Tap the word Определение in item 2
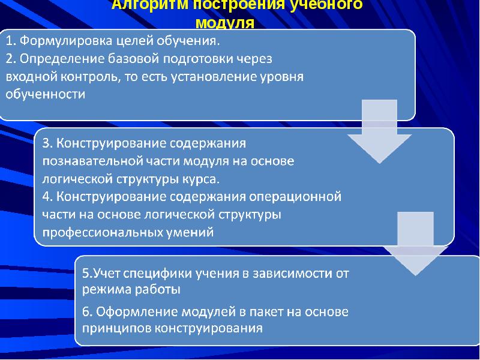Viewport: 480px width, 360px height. coord(57,59)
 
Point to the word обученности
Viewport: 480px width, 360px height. coord(46,94)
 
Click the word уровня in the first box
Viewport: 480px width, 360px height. coord(282,77)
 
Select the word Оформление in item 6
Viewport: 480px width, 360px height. coord(127,313)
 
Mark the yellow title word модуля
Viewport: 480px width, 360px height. coord(226,23)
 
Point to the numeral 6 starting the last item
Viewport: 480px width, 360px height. coord(86,313)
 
